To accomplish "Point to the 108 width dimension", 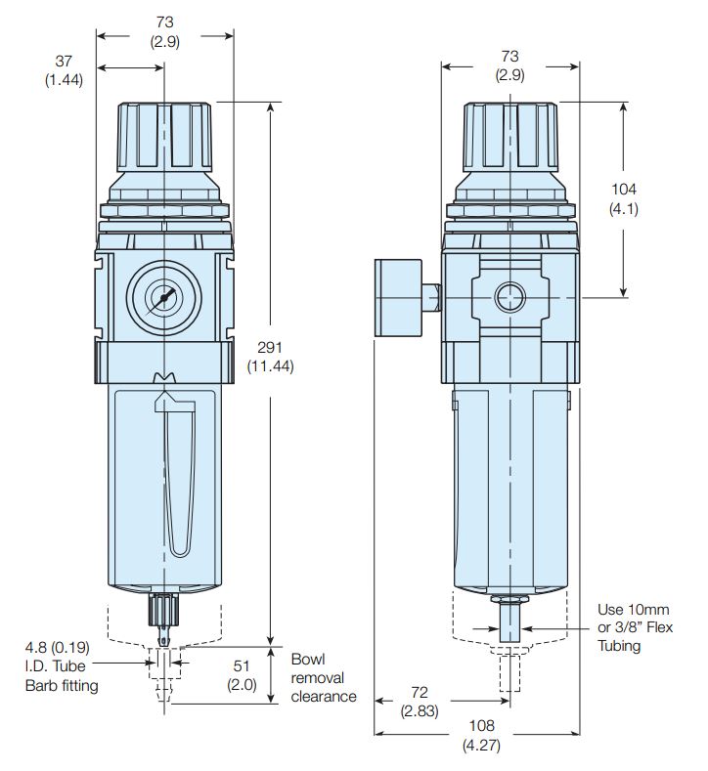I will tap(480, 726).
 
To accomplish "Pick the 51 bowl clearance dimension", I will tap(241, 666).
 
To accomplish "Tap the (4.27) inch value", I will tap(480, 746).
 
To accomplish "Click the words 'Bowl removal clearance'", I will tap(323, 677).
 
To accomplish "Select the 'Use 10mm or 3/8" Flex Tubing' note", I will tap(635, 627).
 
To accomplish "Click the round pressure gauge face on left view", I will tap(164, 296).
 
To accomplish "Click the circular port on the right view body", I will tap(509, 296).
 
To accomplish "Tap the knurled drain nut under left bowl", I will tap(164, 614).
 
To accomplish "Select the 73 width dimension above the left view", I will tap(164, 21).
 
